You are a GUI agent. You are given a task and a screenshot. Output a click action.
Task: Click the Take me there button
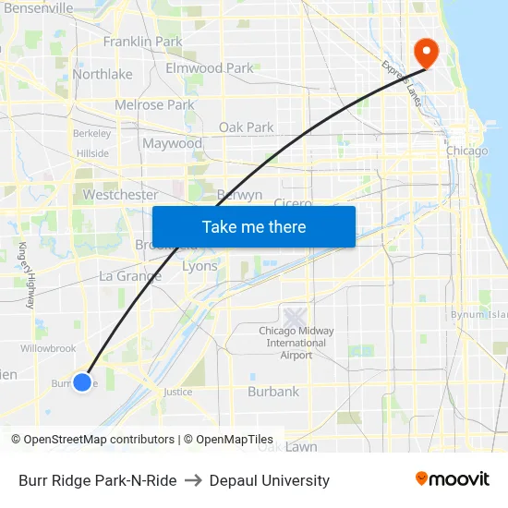pyautogui.click(x=254, y=227)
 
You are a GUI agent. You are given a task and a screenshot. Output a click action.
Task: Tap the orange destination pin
pyautogui.click(x=427, y=52)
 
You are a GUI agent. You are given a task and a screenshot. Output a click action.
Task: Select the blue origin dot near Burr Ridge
pyautogui.click(x=82, y=381)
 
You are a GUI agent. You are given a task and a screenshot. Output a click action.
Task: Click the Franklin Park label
pyautogui.click(x=142, y=42)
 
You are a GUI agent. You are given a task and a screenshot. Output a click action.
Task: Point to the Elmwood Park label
pyautogui.click(x=209, y=68)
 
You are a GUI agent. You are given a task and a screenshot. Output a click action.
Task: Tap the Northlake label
pyautogui.click(x=103, y=74)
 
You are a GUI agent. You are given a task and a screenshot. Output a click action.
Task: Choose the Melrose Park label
pyautogui.click(x=154, y=105)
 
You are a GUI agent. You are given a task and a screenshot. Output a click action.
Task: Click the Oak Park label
pyautogui.click(x=246, y=127)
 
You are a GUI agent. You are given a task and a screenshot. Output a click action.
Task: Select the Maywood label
pyautogui.click(x=172, y=144)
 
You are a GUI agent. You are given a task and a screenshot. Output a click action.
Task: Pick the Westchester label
pyautogui.click(x=120, y=195)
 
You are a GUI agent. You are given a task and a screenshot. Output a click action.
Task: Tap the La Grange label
pyautogui.click(x=130, y=276)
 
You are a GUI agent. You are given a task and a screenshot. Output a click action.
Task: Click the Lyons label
pyautogui.click(x=200, y=266)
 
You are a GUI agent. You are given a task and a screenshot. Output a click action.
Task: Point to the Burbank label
pyautogui.click(x=273, y=392)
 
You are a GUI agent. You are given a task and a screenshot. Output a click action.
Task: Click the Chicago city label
pyautogui.click(x=466, y=151)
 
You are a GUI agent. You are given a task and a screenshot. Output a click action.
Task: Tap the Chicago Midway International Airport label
pyautogui.click(x=296, y=343)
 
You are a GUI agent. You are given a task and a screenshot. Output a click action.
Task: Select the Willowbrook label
pyautogui.click(x=48, y=348)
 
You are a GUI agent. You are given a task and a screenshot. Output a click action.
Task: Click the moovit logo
pyautogui.click(x=453, y=479)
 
